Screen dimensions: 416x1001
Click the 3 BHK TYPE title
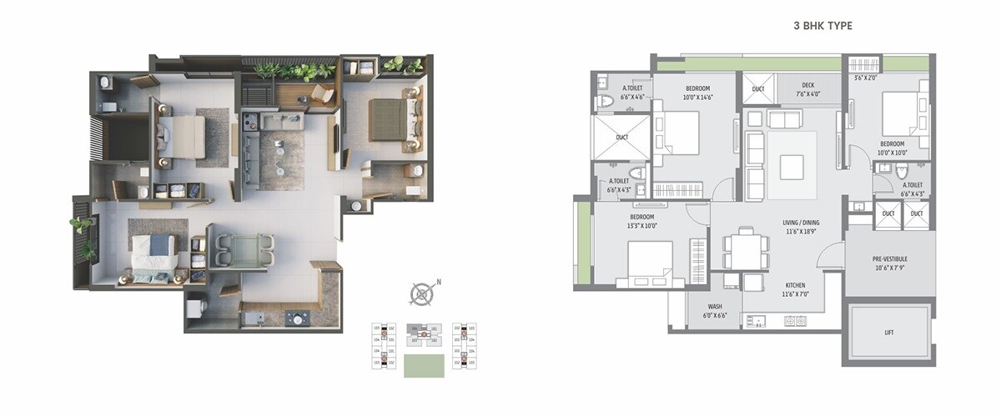tap(822, 27)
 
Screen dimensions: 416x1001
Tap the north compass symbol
tap(423, 293)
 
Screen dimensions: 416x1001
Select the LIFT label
tap(889, 332)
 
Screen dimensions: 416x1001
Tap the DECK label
tap(807, 84)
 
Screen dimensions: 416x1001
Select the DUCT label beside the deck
tap(758, 89)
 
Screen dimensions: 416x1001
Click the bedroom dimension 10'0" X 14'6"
tap(698, 98)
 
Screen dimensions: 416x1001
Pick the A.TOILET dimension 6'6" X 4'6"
tap(631, 97)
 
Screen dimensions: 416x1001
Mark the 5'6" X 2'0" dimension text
tap(866, 78)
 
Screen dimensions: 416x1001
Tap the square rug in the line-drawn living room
tap(792, 167)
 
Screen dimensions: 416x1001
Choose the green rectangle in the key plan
tap(424, 366)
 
